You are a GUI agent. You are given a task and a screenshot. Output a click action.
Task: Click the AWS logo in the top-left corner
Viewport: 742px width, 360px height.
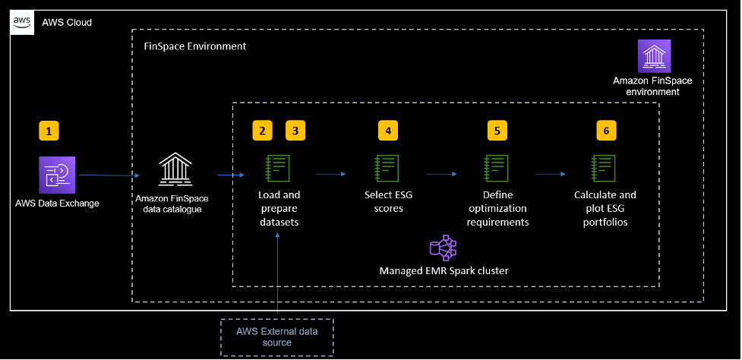click(x=21, y=22)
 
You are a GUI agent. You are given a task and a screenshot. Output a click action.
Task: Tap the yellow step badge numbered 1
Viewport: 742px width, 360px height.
click(x=49, y=131)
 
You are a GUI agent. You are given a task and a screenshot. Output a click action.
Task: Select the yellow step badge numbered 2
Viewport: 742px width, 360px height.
click(x=263, y=131)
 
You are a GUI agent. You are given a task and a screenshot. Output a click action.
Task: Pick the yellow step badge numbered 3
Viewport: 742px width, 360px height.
click(x=295, y=131)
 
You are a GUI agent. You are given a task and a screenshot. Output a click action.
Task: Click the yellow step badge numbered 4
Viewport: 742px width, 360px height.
click(x=388, y=131)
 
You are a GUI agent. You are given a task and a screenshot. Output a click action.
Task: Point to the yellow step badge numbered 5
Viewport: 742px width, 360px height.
click(x=497, y=131)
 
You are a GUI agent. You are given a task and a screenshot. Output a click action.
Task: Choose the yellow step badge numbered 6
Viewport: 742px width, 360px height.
click(x=606, y=131)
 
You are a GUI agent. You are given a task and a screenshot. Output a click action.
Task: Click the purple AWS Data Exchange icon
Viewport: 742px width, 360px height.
click(x=58, y=175)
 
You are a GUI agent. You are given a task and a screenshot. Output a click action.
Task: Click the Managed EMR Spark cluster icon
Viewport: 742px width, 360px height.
click(x=443, y=248)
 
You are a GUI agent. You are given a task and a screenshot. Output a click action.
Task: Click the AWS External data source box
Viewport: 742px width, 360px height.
click(x=277, y=336)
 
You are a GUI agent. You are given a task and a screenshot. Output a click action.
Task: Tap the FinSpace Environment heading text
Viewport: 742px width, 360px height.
click(x=195, y=46)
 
